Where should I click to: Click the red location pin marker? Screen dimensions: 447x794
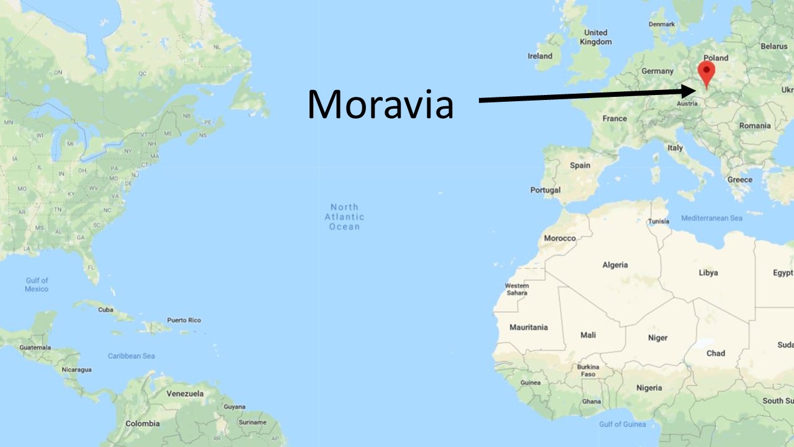706,71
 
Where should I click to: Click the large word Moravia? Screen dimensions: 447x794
380,104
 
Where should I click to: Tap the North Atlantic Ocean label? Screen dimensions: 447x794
344,217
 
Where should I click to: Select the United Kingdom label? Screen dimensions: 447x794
595,37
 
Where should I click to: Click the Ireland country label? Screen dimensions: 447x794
540,56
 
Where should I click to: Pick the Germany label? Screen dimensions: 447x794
657,71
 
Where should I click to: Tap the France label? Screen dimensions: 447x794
614,119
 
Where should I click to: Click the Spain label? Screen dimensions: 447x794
580,166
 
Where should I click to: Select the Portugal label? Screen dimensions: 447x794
545,190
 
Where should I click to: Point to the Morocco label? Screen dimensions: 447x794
560,238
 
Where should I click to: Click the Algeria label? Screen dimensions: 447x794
615,265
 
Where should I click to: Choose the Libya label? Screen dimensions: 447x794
708,273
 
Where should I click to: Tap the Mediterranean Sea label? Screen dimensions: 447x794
711,219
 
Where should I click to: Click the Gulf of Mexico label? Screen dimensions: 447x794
37,284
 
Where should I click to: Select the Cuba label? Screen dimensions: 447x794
105,309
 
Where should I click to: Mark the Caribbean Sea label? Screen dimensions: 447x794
132,356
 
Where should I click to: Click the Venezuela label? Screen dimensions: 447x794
185,394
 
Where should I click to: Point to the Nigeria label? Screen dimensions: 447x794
649,388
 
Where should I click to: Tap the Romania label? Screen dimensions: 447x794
754,125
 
